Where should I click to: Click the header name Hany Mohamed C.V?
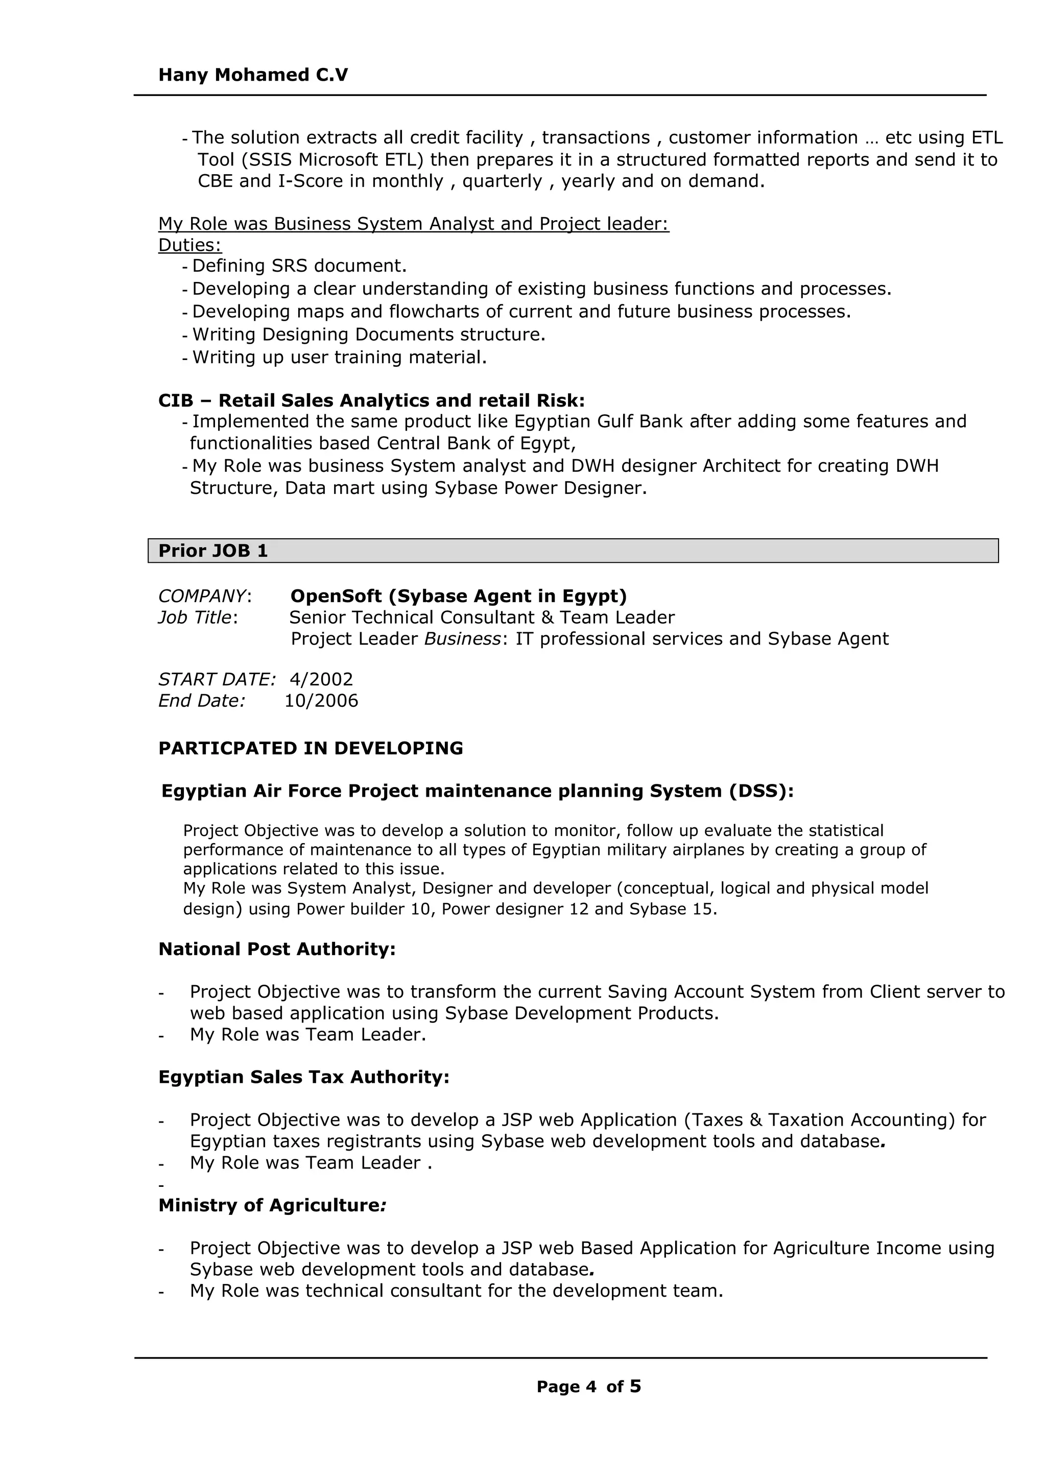(x=253, y=76)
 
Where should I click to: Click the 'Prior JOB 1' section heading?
(x=212, y=551)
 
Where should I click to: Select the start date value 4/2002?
(x=321, y=680)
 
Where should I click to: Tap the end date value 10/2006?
(x=321, y=701)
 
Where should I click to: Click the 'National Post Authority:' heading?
(x=277, y=949)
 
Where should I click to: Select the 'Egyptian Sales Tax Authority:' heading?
(x=303, y=1077)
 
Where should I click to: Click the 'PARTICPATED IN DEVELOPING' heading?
(x=311, y=749)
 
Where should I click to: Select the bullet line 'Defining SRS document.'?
(x=299, y=266)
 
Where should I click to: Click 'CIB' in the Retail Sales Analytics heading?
(x=175, y=401)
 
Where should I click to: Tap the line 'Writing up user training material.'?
(x=340, y=357)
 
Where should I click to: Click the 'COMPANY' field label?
(x=202, y=596)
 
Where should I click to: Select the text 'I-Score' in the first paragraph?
(x=311, y=181)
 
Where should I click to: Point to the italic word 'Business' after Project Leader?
(x=461, y=639)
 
